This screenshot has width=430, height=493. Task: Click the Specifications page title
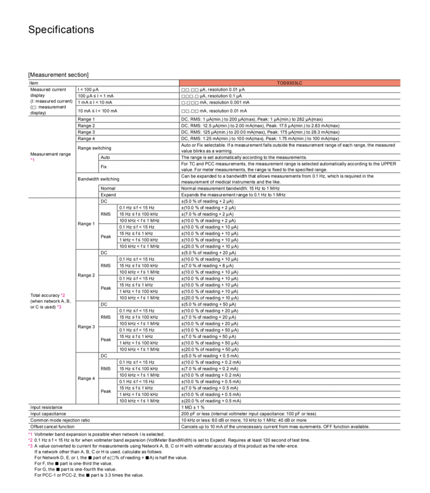click(x=61, y=30)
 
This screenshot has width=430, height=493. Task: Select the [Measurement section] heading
click(x=58, y=75)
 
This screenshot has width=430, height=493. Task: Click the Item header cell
click(x=34, y=83)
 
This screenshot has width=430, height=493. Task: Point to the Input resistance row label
click(x=46, y=407)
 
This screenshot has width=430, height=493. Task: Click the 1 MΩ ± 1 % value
click(x=193, y=407)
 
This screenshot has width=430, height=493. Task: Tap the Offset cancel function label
click(x=52, y=427)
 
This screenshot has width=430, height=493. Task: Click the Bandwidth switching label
click(x=98, y=179)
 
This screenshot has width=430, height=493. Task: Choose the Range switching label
click(x=95, y=148)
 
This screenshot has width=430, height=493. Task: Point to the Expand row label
click(x=108, y=195)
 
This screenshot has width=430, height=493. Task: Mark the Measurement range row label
click(x=50, y=154)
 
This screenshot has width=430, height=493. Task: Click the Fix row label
click(x=104, y=166)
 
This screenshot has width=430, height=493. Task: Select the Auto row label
click(x=105, y=157)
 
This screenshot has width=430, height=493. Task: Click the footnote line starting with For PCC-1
click(x=89, y=475)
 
